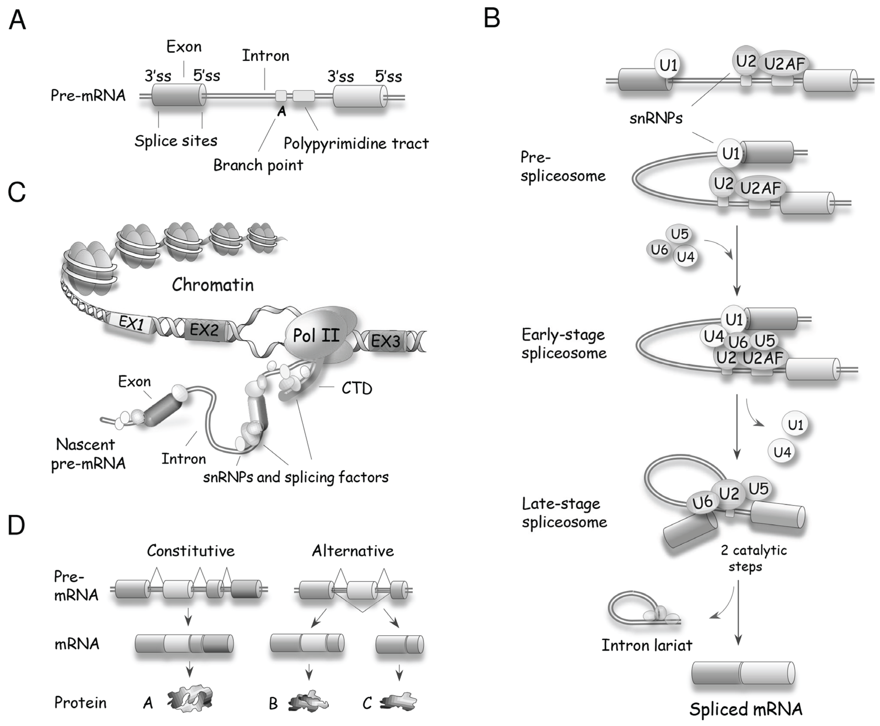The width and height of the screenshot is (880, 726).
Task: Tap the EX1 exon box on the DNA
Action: click(x=130, y=323)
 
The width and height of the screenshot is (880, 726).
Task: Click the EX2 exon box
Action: click(x=204, y=330)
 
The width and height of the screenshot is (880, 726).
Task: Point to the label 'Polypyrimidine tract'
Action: click(x=356, y=143)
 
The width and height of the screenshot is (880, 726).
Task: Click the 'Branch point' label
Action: click(x=258, y=165)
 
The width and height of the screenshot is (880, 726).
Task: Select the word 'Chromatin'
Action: click(x=212, y=285)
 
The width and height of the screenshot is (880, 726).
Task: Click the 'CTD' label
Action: click(x=356, y=388)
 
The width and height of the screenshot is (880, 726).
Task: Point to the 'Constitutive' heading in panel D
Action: click(x=191, y=551)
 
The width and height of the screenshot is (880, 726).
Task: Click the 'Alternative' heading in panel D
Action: click(x=353, y=551)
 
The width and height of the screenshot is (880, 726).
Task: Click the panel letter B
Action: click(x=492, y=19)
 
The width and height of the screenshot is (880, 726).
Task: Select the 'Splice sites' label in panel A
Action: click(x=176, y=141)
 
